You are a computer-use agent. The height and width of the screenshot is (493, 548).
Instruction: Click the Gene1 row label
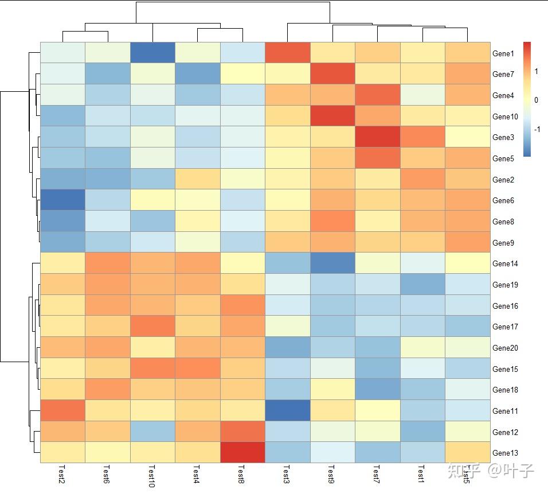click(x=503, y=53)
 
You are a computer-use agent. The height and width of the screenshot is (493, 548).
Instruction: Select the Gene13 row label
click(x=505, y=453)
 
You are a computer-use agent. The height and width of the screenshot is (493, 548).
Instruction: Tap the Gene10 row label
click(x=505, y=117)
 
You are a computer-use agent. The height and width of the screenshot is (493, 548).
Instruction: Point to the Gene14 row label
click(x=505, y=264)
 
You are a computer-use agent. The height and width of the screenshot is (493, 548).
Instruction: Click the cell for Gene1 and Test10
click(x=152, y=53)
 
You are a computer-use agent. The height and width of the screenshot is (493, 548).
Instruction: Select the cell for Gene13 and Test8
click(x=242, y=452)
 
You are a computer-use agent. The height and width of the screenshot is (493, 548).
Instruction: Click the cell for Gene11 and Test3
click(x=287, y=410)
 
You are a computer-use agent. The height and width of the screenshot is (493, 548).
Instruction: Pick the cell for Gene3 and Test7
click(x=377, y=137)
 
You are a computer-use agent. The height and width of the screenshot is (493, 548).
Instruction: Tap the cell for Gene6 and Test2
click(x=62, y=200)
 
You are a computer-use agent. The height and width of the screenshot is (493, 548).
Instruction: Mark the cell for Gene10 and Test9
click(x=332, y=116)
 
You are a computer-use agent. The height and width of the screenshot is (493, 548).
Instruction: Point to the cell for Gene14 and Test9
click(x=332, y=263)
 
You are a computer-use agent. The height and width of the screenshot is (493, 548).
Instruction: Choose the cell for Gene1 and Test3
click(x=287, y=53)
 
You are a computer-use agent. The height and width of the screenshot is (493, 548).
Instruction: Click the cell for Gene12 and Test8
click(x=242, y=432)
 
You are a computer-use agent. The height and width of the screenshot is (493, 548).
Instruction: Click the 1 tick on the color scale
click(x=536, y=72)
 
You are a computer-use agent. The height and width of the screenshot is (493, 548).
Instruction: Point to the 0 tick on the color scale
click(x=536, y=100)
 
